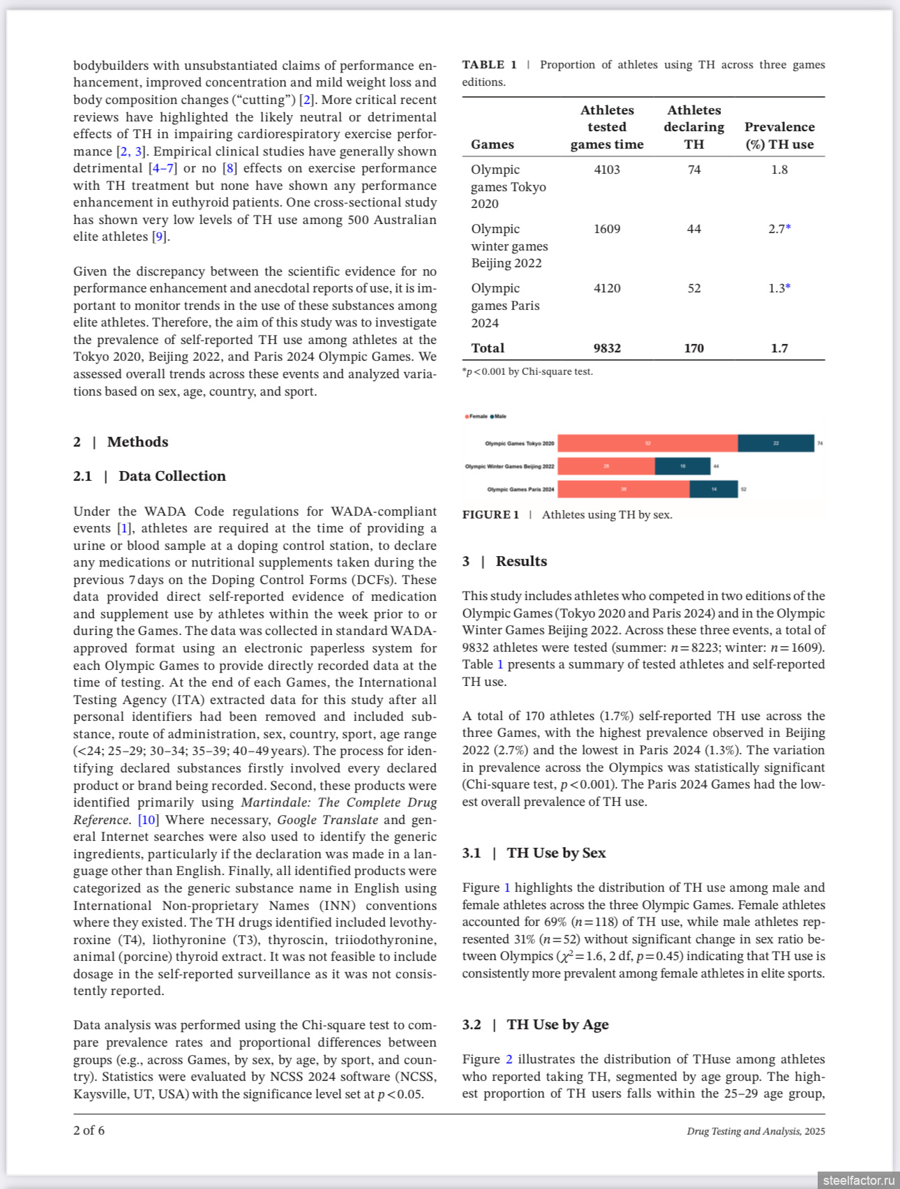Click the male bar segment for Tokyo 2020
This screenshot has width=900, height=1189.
(x=776, y=443)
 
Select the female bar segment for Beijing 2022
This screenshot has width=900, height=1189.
(x=606, y=466)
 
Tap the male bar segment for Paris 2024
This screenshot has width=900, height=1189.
(x=714, y=489)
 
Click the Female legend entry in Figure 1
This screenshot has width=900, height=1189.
(x=477, y=417)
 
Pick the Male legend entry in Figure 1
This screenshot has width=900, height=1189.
(x=499, y=417)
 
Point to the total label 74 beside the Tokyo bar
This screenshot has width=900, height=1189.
(x=820, y=443)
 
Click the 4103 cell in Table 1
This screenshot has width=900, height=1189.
(x=607, y=170)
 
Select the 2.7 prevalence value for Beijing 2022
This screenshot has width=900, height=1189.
(x=777, y=229)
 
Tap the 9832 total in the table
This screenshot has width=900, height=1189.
(x=607, y=348)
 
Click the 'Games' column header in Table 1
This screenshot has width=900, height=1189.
(x=493, y=144)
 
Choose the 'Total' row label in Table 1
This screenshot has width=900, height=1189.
(x=488, y=348)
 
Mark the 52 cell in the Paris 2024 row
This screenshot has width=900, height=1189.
(x=694, y=288)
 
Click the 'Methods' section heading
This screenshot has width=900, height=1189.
(x=137, y=442)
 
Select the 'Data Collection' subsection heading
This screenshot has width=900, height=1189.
(x=172, y=476)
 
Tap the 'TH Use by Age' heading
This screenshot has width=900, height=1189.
(x=557, y=1024)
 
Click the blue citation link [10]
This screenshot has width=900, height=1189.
(x=148, y=820)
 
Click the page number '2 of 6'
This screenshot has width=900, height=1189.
(x=89, y=1130)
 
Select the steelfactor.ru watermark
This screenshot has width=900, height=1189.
(x=857, y=1180)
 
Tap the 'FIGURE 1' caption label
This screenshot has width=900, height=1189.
(x=490, y=515)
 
